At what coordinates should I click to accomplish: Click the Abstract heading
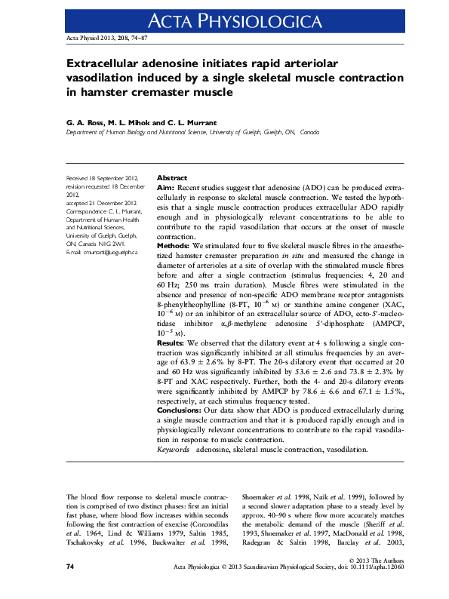point(171,178)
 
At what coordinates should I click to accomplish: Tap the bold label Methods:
point(178,247)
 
